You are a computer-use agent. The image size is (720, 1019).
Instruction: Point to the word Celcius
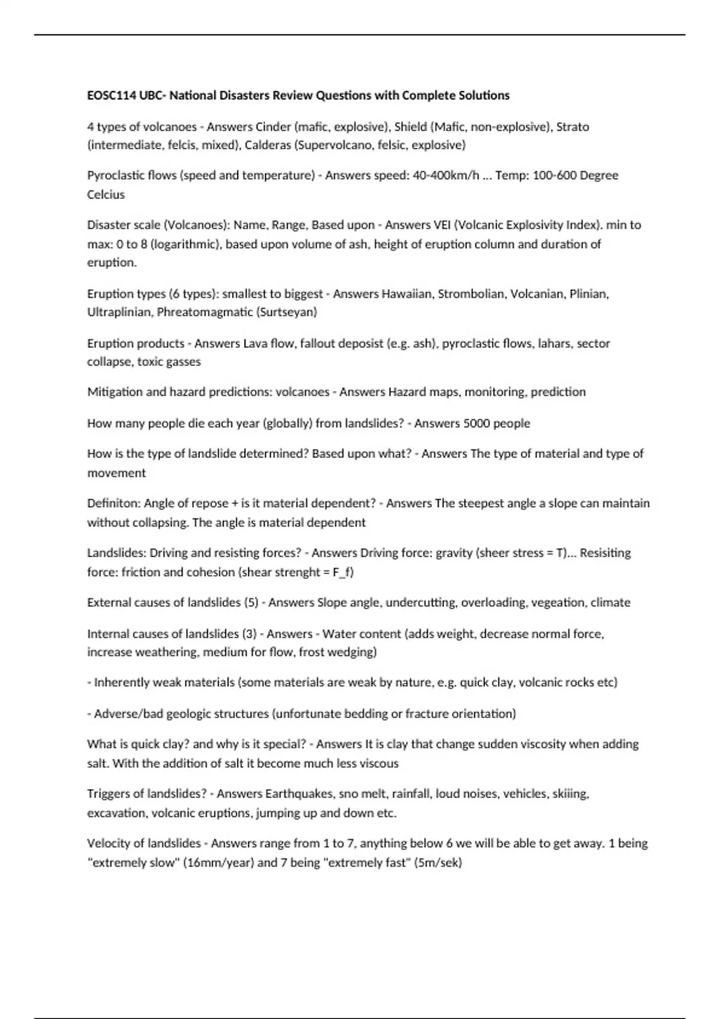click(106, 194)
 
